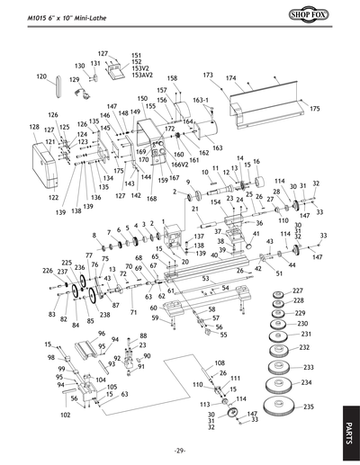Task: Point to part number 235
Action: pos(309,407)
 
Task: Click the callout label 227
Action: pos(298,291)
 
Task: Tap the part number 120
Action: pos(41,76)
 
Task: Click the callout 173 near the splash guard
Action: pos(208,75)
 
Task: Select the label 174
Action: pos(231,78)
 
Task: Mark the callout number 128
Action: pos(34,128)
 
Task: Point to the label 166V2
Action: pos(180,165)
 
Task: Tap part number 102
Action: pos(66,416)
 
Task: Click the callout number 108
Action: pos(219,362)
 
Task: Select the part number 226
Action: pos(48,270)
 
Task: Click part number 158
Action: pos(172,79)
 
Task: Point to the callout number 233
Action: pos(308,367)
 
